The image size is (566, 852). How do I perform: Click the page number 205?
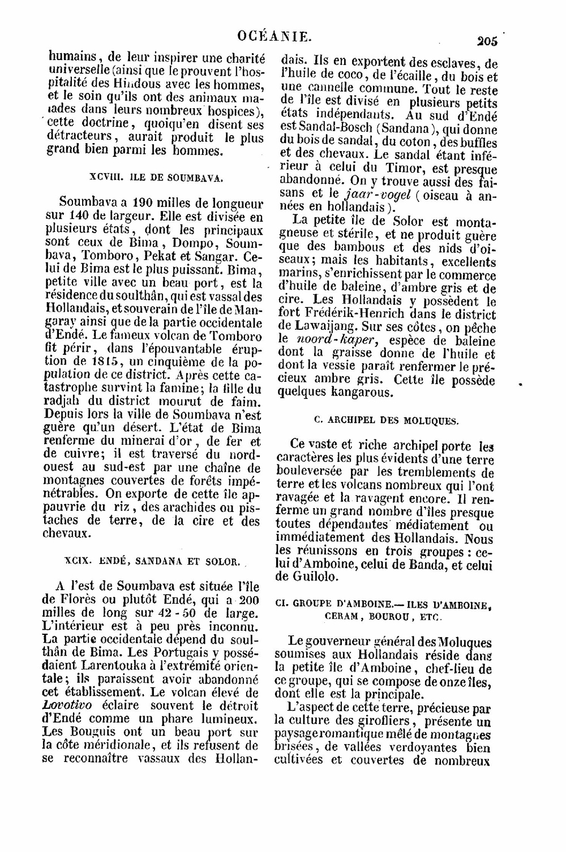click(487, 41)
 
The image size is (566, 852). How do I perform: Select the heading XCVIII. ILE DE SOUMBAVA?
click(156, 178)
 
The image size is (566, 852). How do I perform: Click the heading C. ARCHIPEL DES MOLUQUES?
click(386, 420)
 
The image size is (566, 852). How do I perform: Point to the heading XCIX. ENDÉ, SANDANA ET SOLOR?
click(152, 561)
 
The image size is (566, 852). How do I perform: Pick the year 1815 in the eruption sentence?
click(105, 361)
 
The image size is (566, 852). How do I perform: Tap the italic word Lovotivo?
click(67, 705)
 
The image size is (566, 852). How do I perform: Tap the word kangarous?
click(360, 392)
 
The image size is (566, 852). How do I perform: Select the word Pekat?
click(162, 256)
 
